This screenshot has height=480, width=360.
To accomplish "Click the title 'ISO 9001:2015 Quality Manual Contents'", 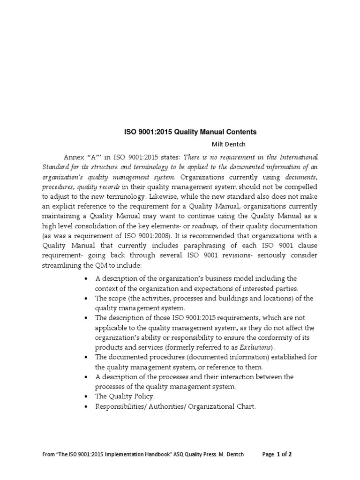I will coord(190,133).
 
